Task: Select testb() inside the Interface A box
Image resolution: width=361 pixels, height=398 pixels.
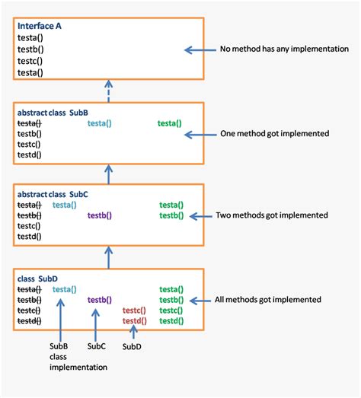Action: pyautogui.click(x=30, y=49)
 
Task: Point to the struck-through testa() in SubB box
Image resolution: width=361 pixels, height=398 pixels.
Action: pyautogui.click(x=29, y=123)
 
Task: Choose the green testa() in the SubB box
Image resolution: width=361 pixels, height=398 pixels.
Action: pyautogui.click(x=170, y=123)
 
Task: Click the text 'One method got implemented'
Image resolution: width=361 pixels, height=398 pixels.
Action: pyautogui.click(x=275, y=133)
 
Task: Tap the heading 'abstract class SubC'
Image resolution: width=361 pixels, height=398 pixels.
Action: pyautogui.click(x=53, y=194)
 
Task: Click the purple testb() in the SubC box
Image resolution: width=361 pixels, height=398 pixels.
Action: pyautogui.click(x=100, y=215)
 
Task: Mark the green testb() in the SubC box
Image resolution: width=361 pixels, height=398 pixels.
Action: pyautogui.click(x=171, y=215)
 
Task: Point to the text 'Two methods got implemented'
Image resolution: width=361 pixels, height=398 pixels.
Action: pyautogui.click(x=272, y=215)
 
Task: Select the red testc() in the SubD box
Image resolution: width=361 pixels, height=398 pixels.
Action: pyautogui.click(x=135, y=310)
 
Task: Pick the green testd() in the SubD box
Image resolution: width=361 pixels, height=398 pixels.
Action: pyautogui.click(x=171, y=321)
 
